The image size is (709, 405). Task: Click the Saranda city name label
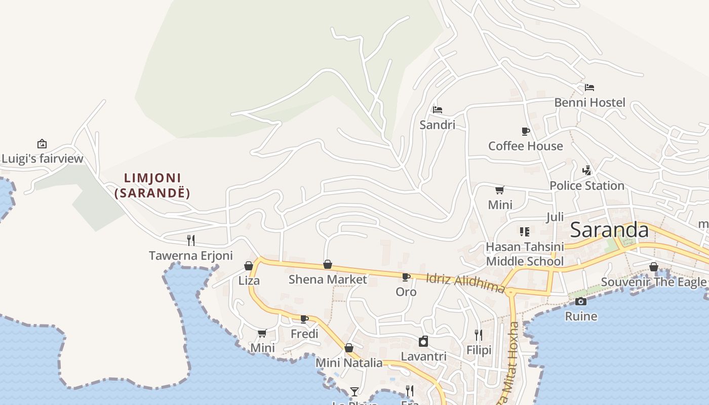coord(609,230)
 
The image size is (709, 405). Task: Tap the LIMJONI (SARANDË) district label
coord(152,185)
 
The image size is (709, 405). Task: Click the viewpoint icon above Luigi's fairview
coord(42,144)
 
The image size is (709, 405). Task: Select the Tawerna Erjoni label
coord(190,256)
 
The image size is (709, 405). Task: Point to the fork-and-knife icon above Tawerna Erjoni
coord(191,240)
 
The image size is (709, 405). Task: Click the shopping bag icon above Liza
coord(249,266)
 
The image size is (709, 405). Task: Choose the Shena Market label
coord(327,279)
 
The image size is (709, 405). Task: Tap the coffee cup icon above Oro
coord(406,277)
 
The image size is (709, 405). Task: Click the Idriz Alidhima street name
coord(465,283)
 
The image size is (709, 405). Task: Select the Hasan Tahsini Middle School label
coord(525,254)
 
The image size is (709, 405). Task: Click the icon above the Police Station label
coord(587,171)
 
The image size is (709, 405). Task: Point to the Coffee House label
coord(525,146)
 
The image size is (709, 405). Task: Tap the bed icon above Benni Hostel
coord(589,88)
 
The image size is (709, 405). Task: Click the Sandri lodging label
coord(437,125)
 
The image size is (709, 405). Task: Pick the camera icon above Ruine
coord(581,302)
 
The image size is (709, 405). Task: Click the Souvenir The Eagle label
coord(653,282)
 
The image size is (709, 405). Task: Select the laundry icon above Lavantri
coord(423,342)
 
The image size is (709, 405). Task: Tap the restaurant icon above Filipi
coord(479,335)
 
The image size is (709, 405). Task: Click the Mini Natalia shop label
coord(349,363)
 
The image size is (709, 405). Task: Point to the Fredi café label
coord(304,334)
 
